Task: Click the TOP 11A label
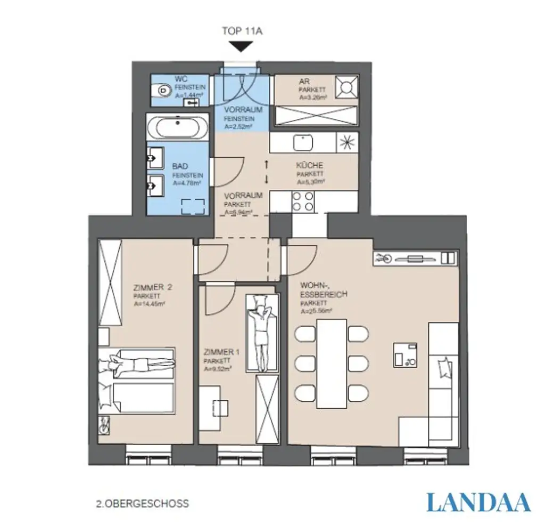pos(242,31)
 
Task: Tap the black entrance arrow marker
pos(242,47)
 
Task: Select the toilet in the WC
pos(159,94)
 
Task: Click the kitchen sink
pos(303,142)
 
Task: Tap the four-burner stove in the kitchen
pos(303,201)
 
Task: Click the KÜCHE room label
pos(309,165)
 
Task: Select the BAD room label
pos(180,167)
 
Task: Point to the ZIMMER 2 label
pos(152,287)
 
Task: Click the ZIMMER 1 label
pos(222,352)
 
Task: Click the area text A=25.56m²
pos(316,311)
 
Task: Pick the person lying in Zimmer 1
pos(261,334)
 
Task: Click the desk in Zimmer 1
pos(216,408)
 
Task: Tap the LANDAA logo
pos(478,502)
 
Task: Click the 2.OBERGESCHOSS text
pos(142,503)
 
